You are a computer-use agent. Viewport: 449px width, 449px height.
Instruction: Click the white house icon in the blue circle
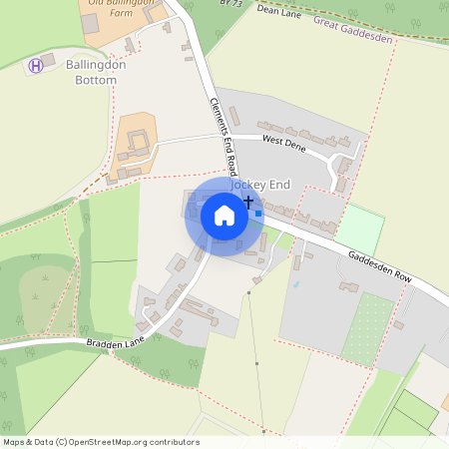coord(224,215)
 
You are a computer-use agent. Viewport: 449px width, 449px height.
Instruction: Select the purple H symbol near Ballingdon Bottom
coord(36,65)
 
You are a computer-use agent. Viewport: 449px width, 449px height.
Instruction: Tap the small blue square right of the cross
coord(258,213)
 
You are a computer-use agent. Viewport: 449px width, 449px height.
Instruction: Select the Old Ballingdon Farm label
coord(123,4)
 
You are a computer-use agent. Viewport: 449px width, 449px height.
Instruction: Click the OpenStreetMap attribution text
coord(100,442)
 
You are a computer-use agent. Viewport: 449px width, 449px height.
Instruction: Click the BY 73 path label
coord(229,4)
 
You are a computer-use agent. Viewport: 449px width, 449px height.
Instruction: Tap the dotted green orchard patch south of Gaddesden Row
coord(368,327)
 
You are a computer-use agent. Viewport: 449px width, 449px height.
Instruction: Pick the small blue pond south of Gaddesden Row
coord(295,284)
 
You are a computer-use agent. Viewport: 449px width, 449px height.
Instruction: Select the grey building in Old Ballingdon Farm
coord(91,23)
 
